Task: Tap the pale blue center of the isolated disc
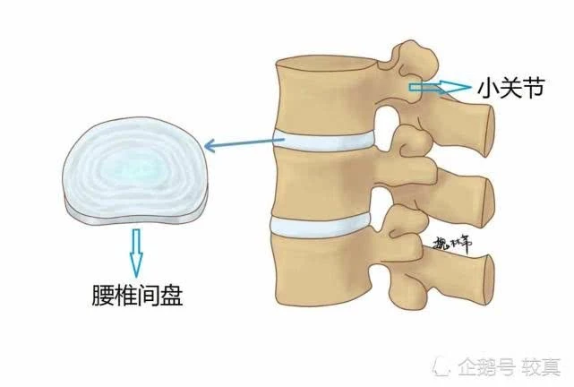(x=134, y=161)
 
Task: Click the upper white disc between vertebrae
(x=322, y=141)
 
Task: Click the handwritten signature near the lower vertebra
(x=453, y=243)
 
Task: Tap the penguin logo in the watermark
(x=445, y=366)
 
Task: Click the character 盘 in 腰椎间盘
(x=171, y=297)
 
